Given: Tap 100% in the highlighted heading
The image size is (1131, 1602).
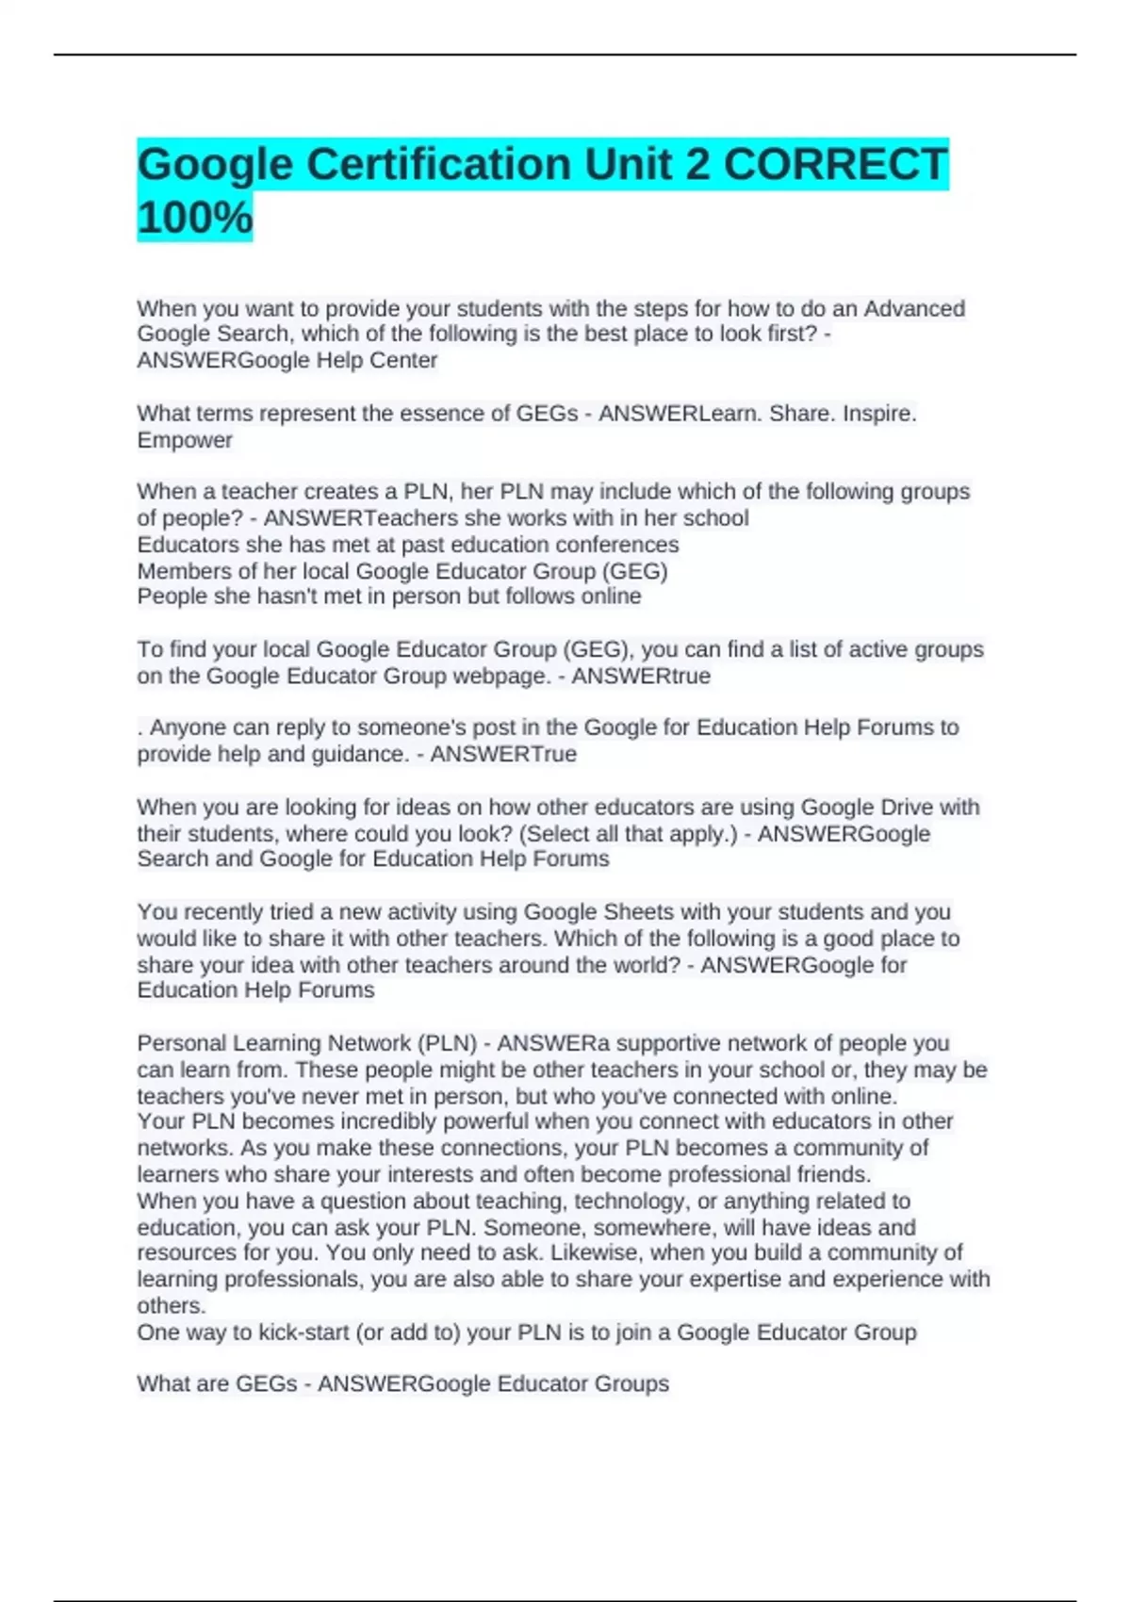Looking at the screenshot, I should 195,217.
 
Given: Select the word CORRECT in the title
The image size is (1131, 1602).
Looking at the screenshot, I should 834,164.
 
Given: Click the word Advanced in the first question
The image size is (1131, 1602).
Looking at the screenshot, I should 914,308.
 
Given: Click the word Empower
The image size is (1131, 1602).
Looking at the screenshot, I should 185,440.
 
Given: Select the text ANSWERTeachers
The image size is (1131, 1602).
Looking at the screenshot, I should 343,518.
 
